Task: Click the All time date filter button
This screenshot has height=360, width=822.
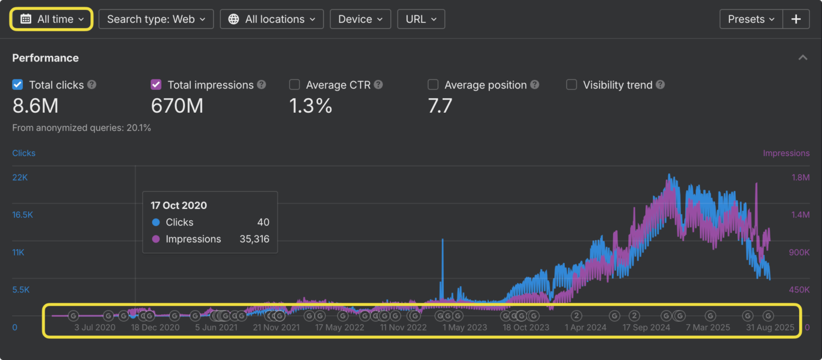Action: [52, 19]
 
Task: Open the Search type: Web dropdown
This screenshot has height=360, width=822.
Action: [156, 19]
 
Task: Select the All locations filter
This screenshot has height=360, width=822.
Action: [271, 19]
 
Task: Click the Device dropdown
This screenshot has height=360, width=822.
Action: [360, 19]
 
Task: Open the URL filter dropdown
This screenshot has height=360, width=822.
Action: [420, 19]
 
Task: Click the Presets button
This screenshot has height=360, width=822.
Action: [751, 19]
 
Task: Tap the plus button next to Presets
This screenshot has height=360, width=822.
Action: [796, 19]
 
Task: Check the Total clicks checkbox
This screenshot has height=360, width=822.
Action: [18, 85]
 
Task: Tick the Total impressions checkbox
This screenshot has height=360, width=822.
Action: [156, 85]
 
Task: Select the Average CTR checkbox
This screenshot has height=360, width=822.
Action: [295, 85]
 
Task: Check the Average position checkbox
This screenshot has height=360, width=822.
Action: [433, 85]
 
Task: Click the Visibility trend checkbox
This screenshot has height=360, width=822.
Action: [571, 85]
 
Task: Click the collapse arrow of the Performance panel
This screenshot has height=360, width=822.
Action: [802, 58]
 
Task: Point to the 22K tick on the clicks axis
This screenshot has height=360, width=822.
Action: [20, 177]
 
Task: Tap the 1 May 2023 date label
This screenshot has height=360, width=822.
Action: [464, 327]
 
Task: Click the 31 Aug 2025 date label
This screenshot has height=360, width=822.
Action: [770, 327]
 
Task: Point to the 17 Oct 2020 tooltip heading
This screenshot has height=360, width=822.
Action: [178, 206]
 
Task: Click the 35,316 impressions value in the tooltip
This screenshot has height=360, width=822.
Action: [254, 239]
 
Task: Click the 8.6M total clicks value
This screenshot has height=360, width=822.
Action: [35, 106]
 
